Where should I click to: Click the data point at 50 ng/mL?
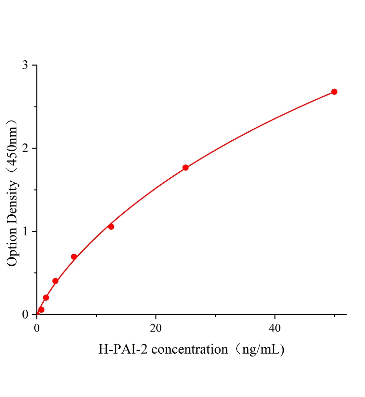(x=334, y=92)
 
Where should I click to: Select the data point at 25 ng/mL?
(x=185, y=167)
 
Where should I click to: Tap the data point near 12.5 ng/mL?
(x=111, y=227)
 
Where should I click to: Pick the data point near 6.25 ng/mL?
(x=74, y=257)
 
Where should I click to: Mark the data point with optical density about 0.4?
(x=55, y=281)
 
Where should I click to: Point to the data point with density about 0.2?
(x=46, y=297)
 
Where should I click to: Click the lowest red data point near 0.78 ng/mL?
(x=41, y=310)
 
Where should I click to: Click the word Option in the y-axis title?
(x=12, y=247)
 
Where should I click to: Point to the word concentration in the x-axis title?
(x=190, y=349)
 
